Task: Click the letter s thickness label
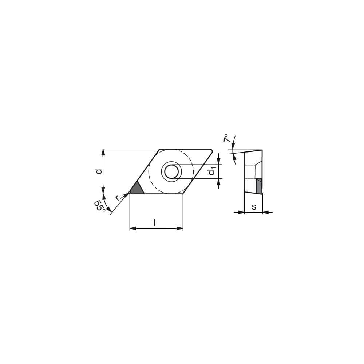[x=254, y=207]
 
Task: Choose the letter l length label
[x=155, y=222]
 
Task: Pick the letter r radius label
[x=117, y=198]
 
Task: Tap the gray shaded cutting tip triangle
[x=136, y=189]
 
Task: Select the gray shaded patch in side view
[x=259, y=186]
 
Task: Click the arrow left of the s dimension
[x=241, y=212]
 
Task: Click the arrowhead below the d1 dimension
[x=218, y=181]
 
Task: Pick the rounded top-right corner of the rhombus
[x=211, y=150]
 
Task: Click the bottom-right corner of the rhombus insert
[x=183, y=194]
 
